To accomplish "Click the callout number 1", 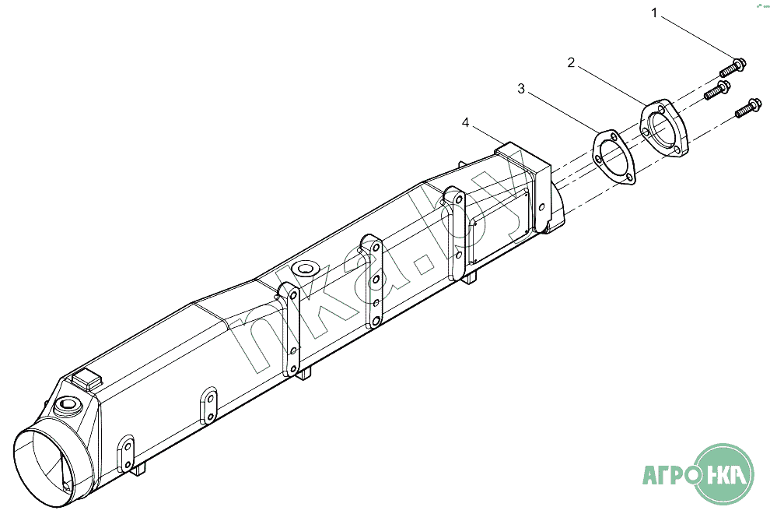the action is click(653, 13).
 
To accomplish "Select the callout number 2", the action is click(571, 62).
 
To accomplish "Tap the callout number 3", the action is click(521, 89).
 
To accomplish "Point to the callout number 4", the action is click(466, 122).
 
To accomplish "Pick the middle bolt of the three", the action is click(717, 90).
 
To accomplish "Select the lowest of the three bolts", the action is click(748, 107).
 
